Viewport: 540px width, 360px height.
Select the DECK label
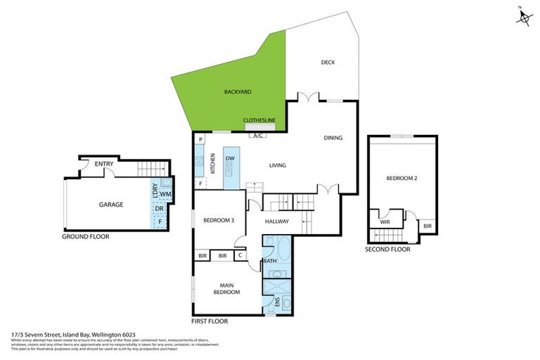tap(328, 63)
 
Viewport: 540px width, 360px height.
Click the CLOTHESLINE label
tap(259, 120)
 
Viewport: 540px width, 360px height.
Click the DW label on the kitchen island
tap(230, 159)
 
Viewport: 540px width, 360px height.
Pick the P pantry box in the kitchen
tap(201, 140)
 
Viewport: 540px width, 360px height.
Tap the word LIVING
tap(278, 166)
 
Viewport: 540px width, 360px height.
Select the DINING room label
tap(333, 138)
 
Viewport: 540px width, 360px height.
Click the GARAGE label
tap(110, 205)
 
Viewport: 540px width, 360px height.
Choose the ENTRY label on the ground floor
tap(105, 165)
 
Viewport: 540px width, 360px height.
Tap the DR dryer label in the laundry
tap(160, 209)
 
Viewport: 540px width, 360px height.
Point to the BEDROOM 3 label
tap(219, 221)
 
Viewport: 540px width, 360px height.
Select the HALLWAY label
tap(278, 221)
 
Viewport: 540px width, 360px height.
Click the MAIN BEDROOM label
tap(226, 288)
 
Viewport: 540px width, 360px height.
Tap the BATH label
tap(269, 262)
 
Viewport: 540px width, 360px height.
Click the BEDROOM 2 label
tap(402, 179)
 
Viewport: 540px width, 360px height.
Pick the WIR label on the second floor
tap(385, 221)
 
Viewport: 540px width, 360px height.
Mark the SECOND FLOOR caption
tap(387, 249)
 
